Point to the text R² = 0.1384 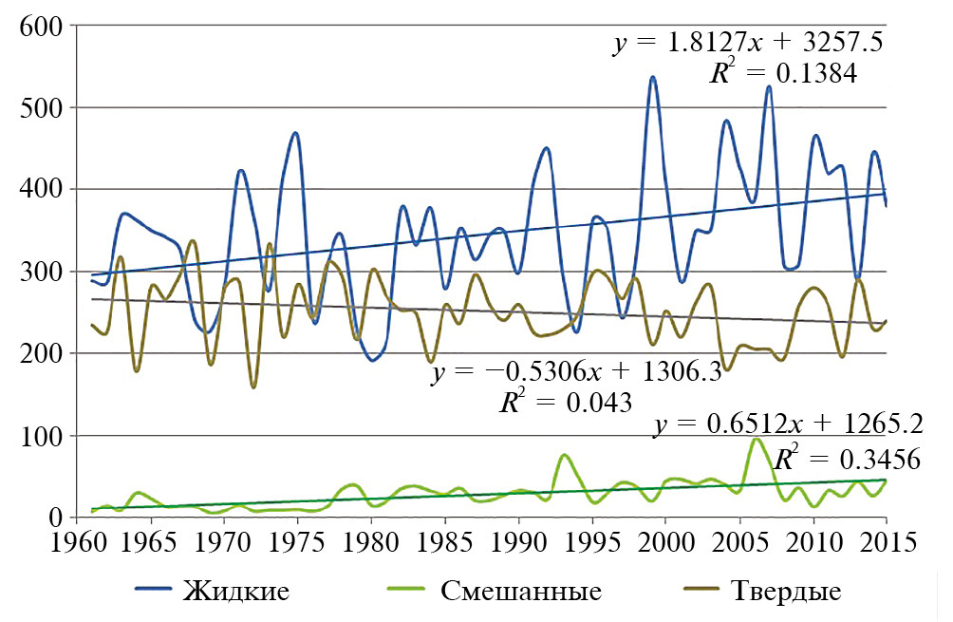click(783, 74)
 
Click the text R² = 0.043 click(566, 401)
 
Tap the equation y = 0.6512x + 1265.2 click(788, 424)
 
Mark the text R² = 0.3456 click(847, 460)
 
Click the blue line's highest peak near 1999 click(653, 77)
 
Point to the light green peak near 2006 click(756, 439)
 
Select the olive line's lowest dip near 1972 click(253, 386)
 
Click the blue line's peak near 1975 click(296, 133)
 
